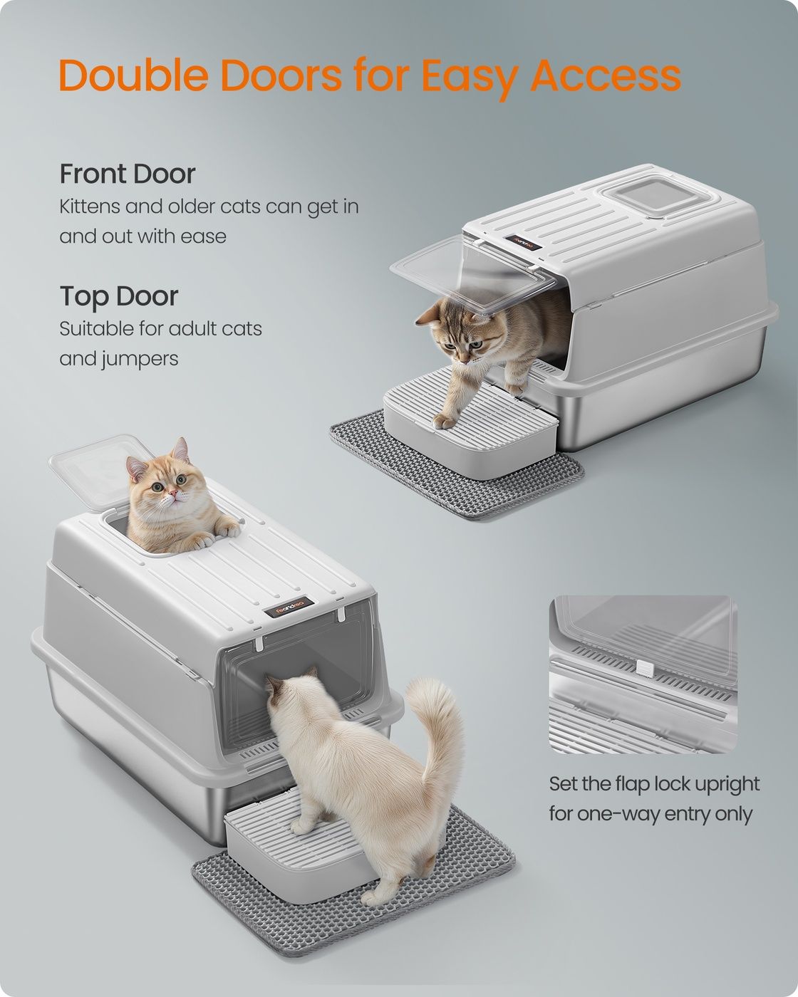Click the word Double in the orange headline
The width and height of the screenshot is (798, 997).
point(133,75)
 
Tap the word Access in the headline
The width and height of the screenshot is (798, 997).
point(606,75)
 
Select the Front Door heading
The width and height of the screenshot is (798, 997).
point(127,174)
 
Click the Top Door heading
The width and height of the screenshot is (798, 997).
point(119,296)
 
